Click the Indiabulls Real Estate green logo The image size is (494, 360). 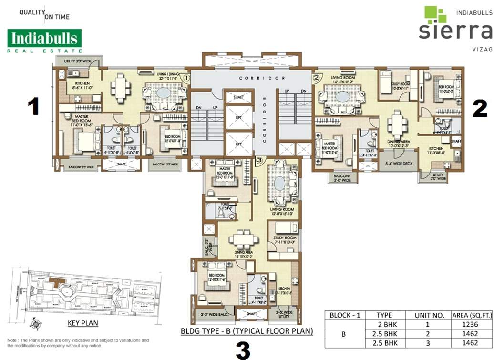[x=44, y=40]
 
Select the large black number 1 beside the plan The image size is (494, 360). [x=33, y=106]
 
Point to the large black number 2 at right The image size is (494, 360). [x=479, y=109]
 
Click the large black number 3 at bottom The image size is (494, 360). [x=243, y=350]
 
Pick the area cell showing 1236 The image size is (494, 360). [x=477, y=324]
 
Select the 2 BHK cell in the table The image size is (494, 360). [x=384, y=324]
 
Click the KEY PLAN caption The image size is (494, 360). [x=83, y=323]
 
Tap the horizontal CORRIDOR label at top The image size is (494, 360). [x=269, y=78]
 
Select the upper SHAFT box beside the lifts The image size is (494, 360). [x=238, y=97]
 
